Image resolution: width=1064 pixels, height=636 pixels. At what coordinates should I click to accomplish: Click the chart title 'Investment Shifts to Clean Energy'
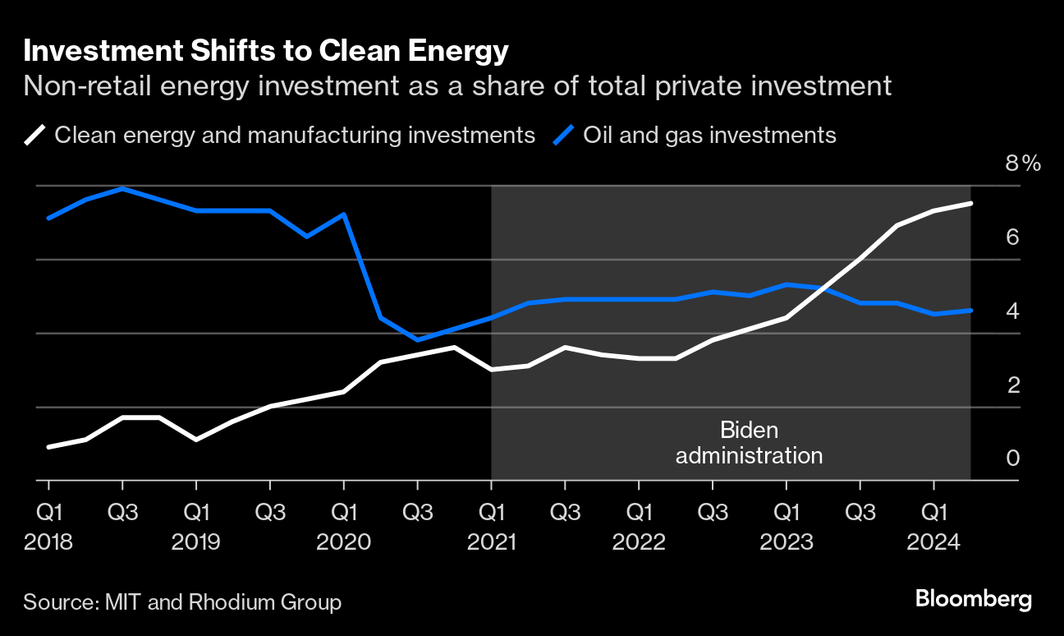266,52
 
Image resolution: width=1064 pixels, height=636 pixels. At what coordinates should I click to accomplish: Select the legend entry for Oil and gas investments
709,135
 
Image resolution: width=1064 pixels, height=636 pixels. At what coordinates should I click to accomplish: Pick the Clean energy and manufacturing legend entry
294,135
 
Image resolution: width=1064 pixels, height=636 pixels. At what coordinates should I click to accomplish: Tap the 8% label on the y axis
1022,164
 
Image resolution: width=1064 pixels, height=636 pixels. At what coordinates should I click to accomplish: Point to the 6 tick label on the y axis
1012,237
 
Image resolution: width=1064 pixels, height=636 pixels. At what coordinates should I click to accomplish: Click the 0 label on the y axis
1012,458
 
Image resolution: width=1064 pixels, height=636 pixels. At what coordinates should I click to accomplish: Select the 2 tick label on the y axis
1012,385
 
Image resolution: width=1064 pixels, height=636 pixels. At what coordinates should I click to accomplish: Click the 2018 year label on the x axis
48,543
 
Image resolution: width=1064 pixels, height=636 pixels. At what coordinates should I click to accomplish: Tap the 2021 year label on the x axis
491,543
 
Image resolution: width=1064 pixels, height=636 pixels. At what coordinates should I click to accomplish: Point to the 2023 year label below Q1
787,543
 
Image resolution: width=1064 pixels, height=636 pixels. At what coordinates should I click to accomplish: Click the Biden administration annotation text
749,443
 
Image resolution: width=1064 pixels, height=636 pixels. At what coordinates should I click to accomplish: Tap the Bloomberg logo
974,599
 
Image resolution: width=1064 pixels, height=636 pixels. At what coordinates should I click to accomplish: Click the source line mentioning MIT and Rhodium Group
182,602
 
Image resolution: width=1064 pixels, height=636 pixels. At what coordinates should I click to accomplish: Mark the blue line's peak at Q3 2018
122,188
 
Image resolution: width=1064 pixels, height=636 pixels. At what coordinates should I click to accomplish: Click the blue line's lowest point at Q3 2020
417,340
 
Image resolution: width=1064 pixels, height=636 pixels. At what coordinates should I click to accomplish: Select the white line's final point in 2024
970,203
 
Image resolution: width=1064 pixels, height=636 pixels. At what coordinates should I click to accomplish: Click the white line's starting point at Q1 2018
48,447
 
